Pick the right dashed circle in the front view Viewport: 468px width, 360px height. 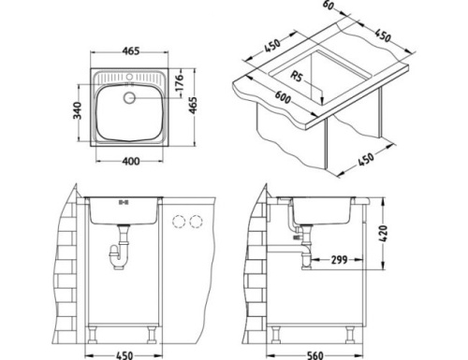(197, 220)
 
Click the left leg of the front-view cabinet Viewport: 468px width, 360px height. (96, 329)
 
